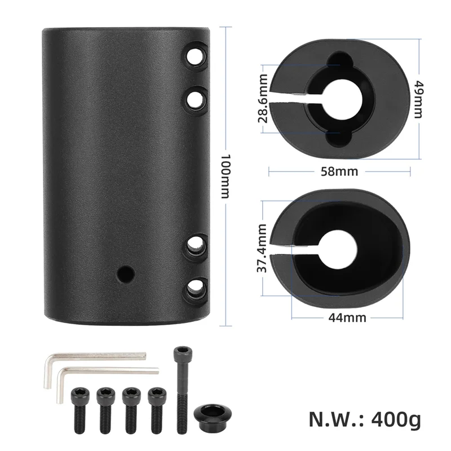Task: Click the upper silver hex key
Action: coord(96,357)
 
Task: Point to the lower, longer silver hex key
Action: coord(107,372)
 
